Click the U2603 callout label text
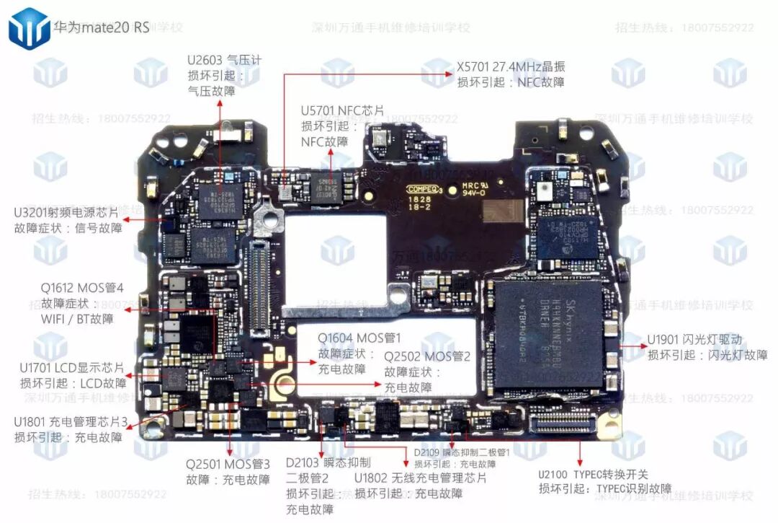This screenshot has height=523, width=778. tap(224, 61)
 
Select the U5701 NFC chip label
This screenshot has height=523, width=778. tap(343, 110)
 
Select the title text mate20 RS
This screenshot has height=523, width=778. tap(102, 28)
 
